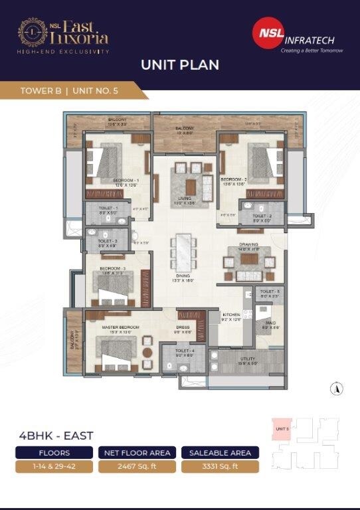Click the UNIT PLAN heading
point(179,65)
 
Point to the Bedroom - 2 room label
point(235,179)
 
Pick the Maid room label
point(268,324)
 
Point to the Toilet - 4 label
point(185,351)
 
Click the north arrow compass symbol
point(339,389)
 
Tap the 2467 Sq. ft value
point(136,466)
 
